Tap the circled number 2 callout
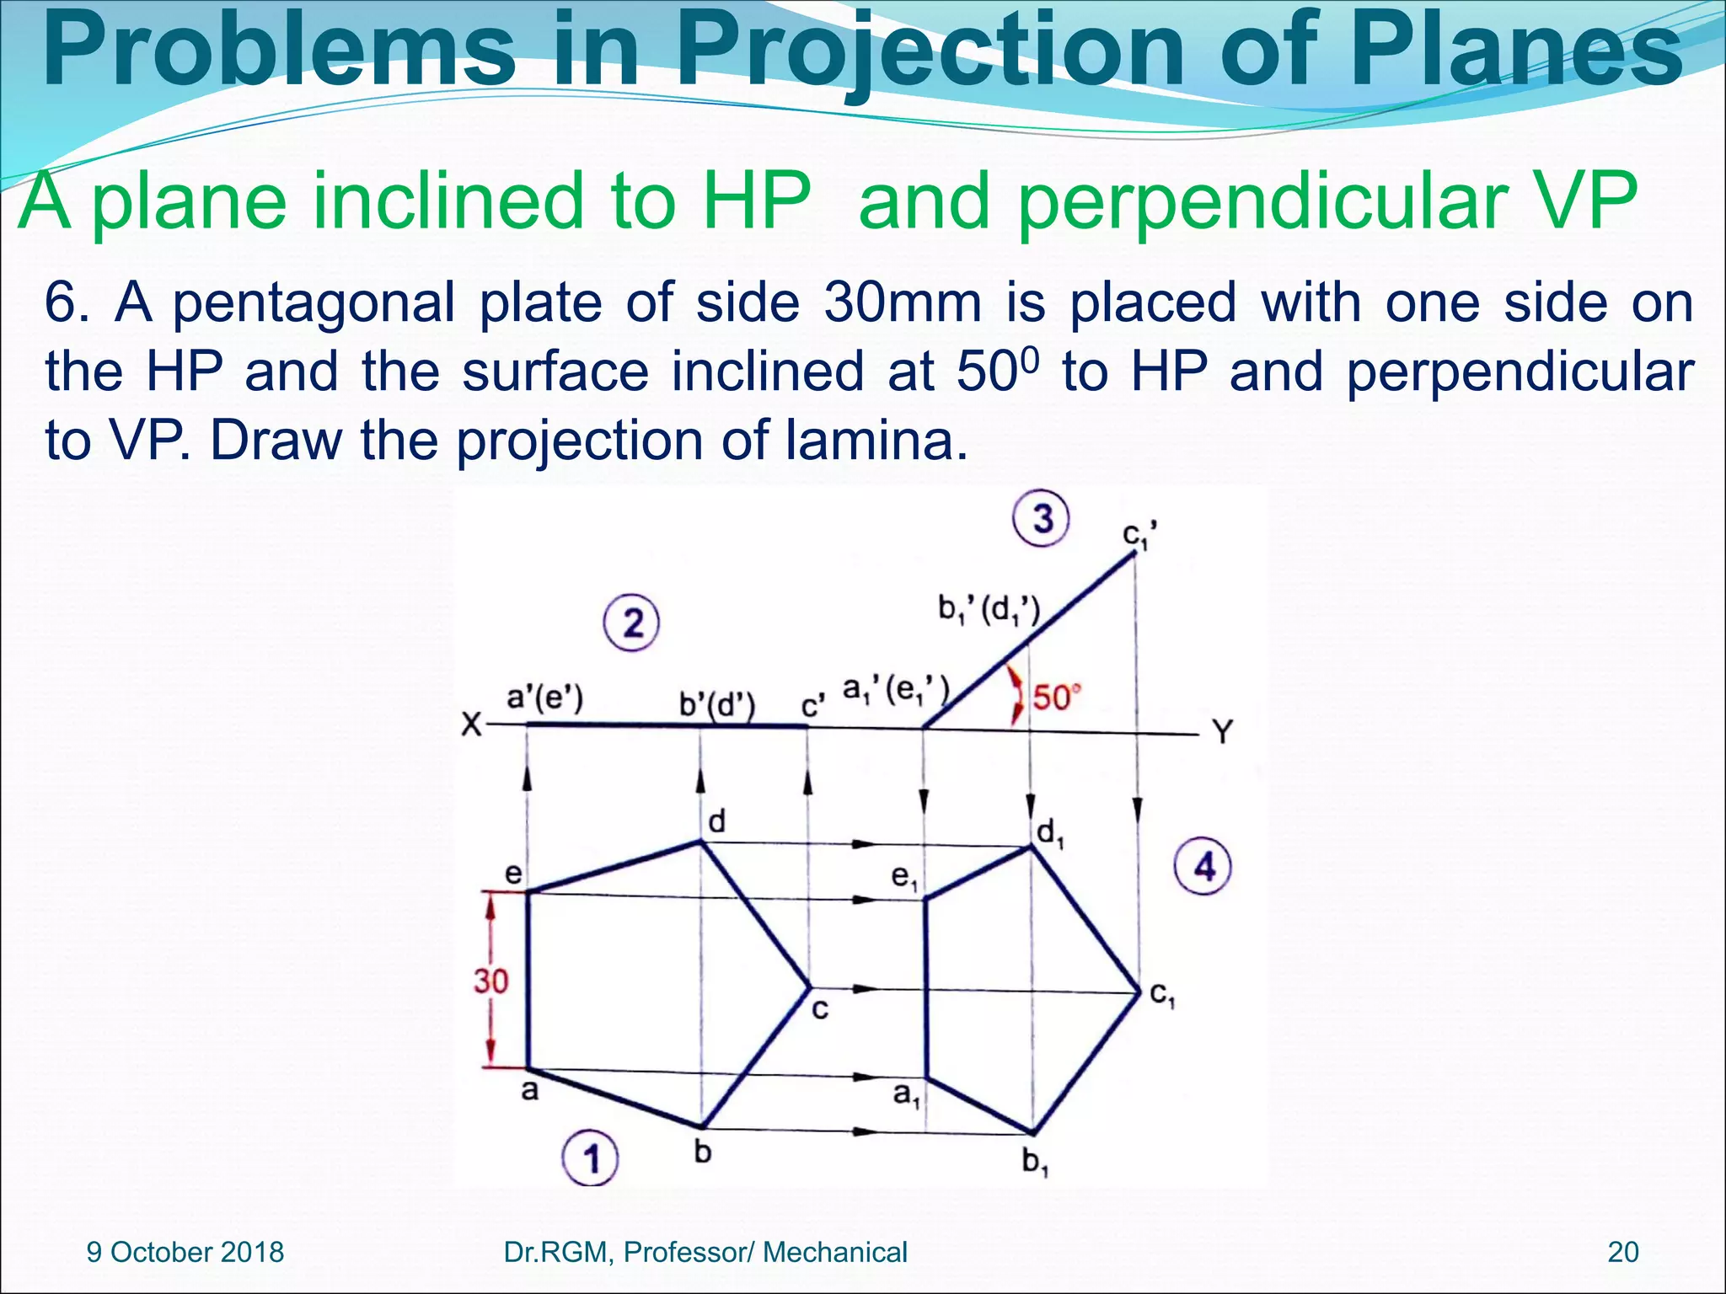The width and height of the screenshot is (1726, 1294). point(631,623)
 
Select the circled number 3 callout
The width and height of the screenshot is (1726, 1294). point(1041,518)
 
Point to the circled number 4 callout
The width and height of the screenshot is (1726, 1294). point(1203,866)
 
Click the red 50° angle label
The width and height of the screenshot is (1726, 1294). point(1056,698)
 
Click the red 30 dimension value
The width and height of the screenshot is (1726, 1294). point(490,981)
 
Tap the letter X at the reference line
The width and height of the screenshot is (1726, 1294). point(472,725)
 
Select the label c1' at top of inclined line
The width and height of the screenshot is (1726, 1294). point(1140,536)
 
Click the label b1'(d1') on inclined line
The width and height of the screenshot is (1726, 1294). point(989,609)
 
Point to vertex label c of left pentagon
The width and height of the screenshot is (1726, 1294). point(819,1008)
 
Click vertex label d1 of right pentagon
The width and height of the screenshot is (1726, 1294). point(1050,833)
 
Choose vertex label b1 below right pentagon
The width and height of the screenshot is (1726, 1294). point(1034,1162)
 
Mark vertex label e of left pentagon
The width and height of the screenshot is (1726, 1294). point(512,874)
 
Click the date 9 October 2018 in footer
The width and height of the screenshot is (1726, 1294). point(185,1252)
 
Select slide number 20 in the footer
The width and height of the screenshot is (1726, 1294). point(1623,1252)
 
